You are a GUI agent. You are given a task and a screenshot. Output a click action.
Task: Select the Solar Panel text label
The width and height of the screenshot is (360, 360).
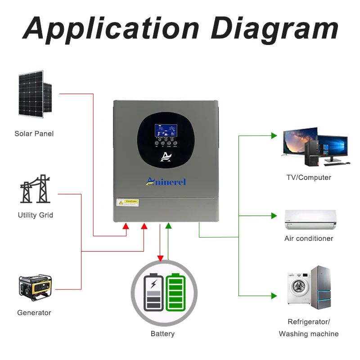34,134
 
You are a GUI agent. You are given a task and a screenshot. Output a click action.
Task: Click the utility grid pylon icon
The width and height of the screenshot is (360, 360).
35,189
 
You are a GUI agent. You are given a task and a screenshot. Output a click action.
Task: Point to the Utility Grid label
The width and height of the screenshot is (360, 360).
36,215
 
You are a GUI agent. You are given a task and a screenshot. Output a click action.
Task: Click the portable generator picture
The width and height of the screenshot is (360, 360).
35,288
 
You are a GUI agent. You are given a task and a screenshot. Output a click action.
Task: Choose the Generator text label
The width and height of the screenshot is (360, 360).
34,313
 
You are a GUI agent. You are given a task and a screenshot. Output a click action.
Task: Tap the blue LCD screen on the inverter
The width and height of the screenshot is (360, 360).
166,131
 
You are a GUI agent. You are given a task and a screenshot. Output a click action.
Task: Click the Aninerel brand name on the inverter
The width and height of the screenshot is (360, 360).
166,181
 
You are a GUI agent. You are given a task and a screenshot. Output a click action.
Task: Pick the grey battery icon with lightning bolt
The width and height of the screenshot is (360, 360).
153,292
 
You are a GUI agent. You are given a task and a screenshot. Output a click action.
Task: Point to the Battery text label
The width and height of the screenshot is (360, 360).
162,334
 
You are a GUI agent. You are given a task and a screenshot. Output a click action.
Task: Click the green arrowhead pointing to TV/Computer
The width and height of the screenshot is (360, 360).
274,135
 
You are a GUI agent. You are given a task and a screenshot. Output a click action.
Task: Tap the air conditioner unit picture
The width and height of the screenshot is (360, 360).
310,218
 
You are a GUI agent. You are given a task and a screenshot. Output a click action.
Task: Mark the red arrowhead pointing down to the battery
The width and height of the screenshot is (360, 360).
160,258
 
